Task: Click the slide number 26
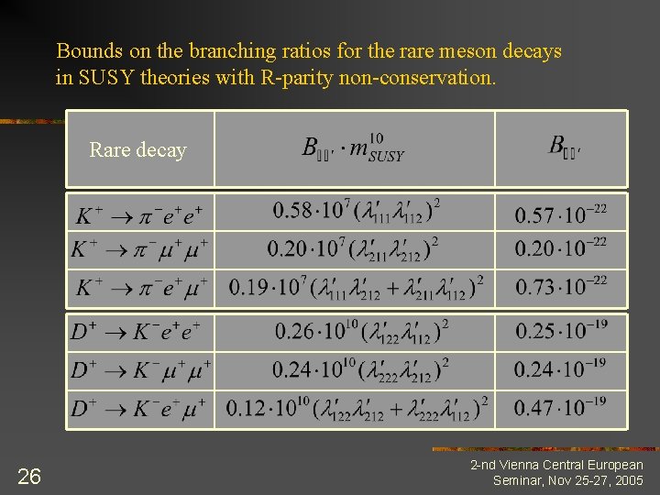click(29, 475)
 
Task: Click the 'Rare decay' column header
click(137, 149)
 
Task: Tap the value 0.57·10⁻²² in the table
click(560, 214)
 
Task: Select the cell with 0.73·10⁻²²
click(560, 286)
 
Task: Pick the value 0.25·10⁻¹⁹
click(559, 331)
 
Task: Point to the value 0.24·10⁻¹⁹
click(559, 368)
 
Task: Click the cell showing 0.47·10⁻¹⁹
click(559, 407)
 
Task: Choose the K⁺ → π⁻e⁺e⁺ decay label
click(139, 215)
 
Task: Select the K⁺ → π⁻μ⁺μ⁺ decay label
click(140, 248)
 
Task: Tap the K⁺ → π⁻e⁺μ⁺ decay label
click(140, 287)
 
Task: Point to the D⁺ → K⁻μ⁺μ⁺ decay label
click(140, 370)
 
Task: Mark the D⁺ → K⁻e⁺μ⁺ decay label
click(138, 408)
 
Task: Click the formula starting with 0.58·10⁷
click(356, 211)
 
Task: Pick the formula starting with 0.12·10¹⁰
click(357, 406)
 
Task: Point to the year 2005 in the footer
click(629, 480)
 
